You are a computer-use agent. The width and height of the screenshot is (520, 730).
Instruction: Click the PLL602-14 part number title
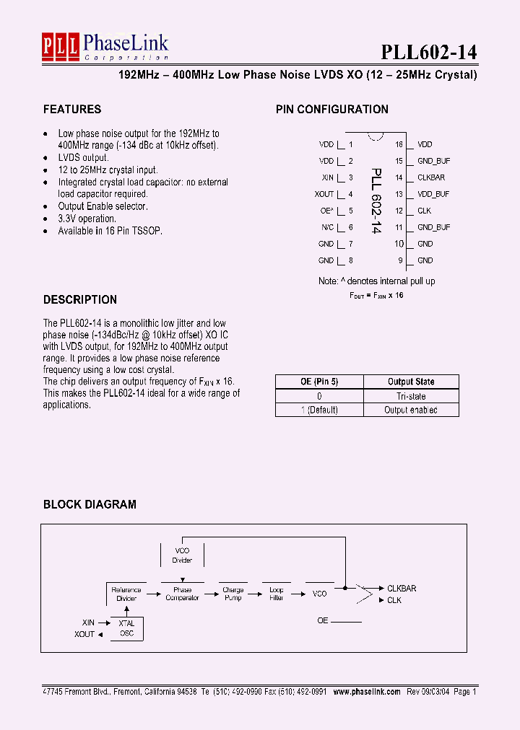click(x=428, y=53)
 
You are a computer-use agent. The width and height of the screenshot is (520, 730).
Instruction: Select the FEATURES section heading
click(x=72, y=110)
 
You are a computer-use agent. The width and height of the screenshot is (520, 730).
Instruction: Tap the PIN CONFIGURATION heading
click(x=332, y=110)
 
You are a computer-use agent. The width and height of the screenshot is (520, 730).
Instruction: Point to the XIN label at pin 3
click(x=327, y=177)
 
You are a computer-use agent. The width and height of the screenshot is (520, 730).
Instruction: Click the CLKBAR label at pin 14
click(x=431, y=177)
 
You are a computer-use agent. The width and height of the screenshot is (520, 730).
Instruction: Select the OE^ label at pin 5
click(x=327, y=211)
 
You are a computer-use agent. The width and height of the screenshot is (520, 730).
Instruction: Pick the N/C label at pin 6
click(x=327, y=227)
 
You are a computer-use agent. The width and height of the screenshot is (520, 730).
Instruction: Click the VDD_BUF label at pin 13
click(x=433, y=194)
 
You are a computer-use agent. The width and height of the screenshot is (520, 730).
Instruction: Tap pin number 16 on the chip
click(x=399, y=144)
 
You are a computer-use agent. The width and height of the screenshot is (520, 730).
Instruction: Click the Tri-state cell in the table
click(x=411, y=396)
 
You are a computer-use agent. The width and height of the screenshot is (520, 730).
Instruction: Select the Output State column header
click(x=411, y=382)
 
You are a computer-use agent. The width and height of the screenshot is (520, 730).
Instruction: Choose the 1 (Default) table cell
click(x=319, y=410)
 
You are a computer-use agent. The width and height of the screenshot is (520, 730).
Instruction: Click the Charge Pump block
click(x=233, y=594)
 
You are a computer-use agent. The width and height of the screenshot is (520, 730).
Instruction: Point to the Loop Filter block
click(x=277, y=594)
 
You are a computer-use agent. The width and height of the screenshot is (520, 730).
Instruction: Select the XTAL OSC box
click(x=126, y=628)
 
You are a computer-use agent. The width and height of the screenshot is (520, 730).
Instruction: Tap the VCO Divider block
click(x=182, y=555)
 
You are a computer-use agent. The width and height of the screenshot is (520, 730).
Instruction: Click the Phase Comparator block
click(x=182, y=594)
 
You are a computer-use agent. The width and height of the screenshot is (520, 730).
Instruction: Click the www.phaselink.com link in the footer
click(x=366, y=691)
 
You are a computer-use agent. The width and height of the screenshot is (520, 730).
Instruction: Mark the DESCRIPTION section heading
click(x=80, y=300)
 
